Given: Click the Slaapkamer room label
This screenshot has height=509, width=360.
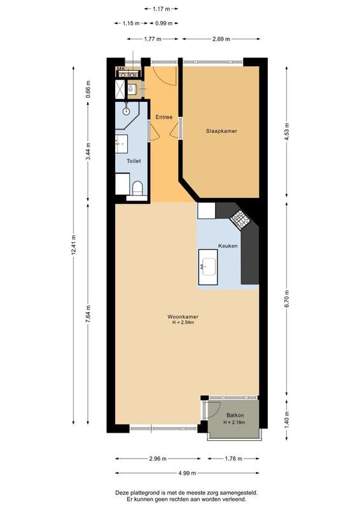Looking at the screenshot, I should [x=221, y=132].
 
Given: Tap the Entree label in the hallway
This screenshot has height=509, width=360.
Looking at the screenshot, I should [x=164, y=117].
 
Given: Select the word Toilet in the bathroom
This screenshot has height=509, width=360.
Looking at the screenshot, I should [x=134, y=161].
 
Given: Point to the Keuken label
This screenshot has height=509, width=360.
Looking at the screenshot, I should [x=228, y=245].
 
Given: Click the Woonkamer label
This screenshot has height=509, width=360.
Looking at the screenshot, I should [x=182, y=316].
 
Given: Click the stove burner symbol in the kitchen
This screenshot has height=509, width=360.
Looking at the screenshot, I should [x=241, y=220].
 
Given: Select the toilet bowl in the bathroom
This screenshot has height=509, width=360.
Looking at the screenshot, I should [x=137, y=188].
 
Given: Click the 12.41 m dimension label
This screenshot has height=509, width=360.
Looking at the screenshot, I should [x=74, y=244].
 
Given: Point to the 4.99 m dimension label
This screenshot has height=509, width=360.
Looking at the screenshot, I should [x=187, y=473].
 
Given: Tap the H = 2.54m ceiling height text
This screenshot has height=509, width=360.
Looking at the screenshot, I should [x=183, y=323].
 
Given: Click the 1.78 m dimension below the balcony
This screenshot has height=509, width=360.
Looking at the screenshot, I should [x=233, y=459].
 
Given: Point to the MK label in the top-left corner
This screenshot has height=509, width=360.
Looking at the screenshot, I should [x=119, y=68].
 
